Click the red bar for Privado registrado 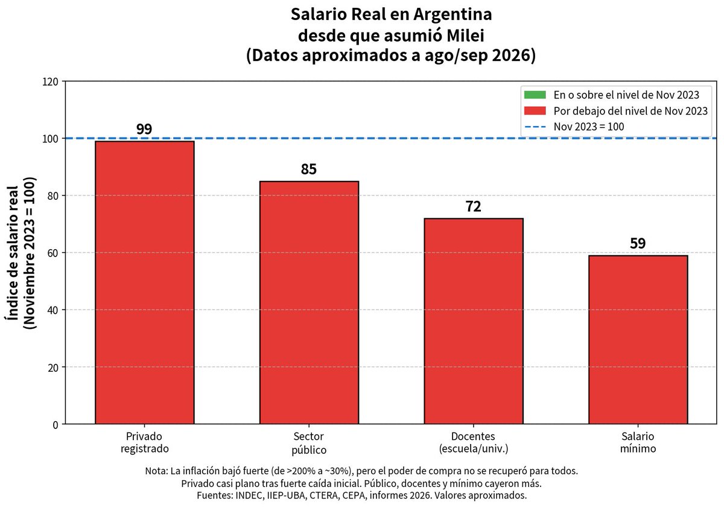point(144,282)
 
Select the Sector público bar point(309,302)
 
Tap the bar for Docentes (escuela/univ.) point(474,321)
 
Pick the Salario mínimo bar point(638,340)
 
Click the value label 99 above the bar point(144,129)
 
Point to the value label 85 point(309,169)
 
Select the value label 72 point(473,206)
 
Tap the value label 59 point(638,243)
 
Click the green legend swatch point(535,95)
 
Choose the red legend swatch point(535,111)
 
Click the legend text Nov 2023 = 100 point(589,127)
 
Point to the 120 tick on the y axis point(51,82)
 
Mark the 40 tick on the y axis point(53,310)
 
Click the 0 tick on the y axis point(56,425)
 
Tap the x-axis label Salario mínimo point(638,442)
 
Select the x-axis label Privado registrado point(144,443)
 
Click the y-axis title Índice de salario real point(12,253)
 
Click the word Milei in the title point(465,35)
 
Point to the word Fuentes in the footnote point(214,495)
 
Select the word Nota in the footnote point(156,471)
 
